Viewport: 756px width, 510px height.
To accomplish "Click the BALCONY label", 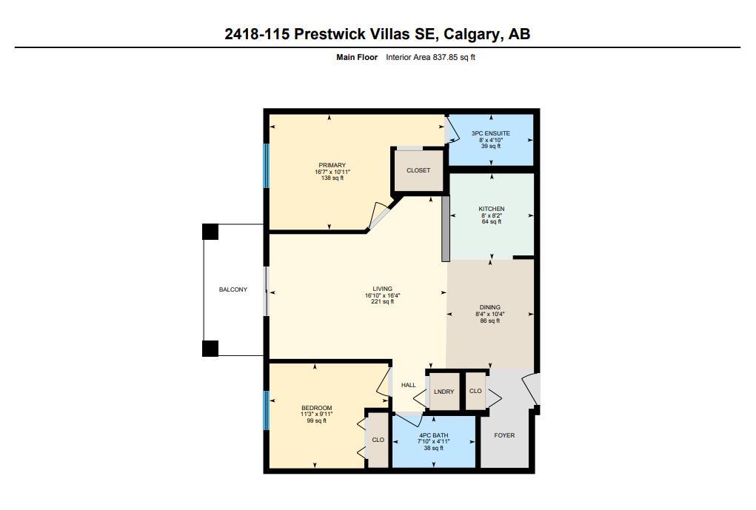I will point(233,289).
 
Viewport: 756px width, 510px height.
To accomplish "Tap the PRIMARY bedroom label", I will point(332,165).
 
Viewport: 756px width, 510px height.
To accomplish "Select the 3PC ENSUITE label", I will point(490,133).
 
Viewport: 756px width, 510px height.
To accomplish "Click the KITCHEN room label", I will point(491,209).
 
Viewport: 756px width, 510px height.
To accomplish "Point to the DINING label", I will point(489,307).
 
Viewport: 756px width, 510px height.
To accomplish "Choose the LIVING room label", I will point(382,289).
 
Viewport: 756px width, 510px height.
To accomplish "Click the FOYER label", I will point(504,435).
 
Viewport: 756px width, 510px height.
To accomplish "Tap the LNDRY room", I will point(444,392).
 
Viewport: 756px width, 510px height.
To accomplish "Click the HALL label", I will point(409,385).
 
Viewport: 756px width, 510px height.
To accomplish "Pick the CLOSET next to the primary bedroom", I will point(418,170).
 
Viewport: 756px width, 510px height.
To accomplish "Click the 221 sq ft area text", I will point(382,302).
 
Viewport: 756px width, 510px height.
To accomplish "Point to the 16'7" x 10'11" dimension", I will point(332,172).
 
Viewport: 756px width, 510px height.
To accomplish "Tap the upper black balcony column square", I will point(210,232).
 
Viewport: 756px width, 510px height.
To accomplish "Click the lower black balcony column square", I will point(210,348).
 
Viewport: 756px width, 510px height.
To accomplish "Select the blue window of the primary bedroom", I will point(267,165).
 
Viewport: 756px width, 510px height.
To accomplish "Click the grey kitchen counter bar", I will point(445,228).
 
